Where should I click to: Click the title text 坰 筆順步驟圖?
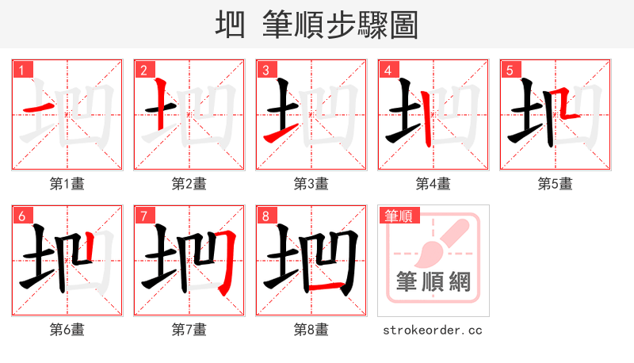pyautogui.click(x=316, y=25)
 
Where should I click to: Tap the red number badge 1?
pyautogui.click(x=21, y=70)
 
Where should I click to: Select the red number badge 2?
pyautogui.click(x=143, y=70)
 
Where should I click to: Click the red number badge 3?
pyautogui.click(x=265, y=70)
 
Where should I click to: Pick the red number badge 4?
pyautogui.click(x=388, y=70)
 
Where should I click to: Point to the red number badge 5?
pyautogui.click(x=510, y=70)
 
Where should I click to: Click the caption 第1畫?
pyautogui.click(x=67, y=184)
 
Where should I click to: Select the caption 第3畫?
pyautogui.click(x=311, y=184)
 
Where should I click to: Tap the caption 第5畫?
pyautogui.click(x=555, y=184)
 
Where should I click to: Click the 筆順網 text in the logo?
pyautogui.click(x=433, y=282)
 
